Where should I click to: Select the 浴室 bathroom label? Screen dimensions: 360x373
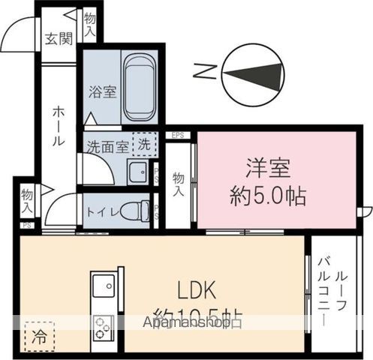pos(102,92)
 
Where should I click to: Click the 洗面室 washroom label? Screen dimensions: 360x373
pos(106,146)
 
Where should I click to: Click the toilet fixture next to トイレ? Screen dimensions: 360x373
pos(135,211)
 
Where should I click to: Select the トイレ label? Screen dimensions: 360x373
pos(100,211)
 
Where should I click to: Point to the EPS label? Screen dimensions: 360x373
pos(178,135)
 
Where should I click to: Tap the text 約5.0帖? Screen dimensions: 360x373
pos(266,197)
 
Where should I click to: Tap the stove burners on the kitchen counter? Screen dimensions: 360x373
pos(104,326)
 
